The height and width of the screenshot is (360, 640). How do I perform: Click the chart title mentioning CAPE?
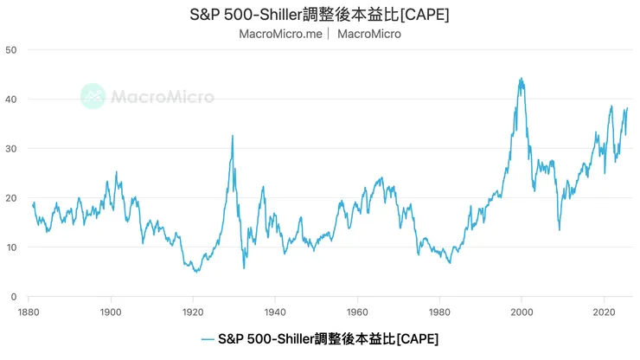[x=320, y=15]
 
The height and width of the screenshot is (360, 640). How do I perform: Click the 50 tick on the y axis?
[x=11, y=49]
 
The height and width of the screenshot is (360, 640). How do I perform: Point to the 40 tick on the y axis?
[x=11, y=99]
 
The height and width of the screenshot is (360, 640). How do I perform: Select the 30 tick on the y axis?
[x=11, y=148]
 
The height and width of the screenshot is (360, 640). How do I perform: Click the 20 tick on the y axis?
[x=11, y=197]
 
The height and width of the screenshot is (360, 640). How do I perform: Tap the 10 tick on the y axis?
[x=11, y=247]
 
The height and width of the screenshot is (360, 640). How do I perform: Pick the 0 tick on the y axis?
[x=14, y=296]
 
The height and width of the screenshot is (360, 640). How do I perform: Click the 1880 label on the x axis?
[x=29, y=311]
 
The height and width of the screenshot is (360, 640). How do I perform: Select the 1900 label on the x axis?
[x=110, y=311]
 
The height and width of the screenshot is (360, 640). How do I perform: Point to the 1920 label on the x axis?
[x=192, y=311]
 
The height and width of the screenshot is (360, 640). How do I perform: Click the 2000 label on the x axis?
[x=521, y=311]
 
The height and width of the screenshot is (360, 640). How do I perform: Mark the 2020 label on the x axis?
[x=603, y=311]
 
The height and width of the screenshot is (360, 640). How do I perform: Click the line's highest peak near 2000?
[x=521, y=79]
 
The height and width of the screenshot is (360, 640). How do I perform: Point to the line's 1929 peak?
[x=232, y=135]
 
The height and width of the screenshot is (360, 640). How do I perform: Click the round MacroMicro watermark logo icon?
[x=93, y=96]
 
